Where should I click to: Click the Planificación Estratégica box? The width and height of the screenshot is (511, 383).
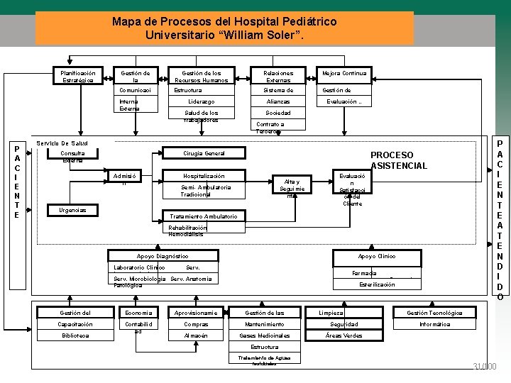(x=77, y=76)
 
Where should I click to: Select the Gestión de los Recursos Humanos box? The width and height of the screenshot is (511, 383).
(x=201, y=76)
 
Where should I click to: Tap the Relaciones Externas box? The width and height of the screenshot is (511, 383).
(x=278, y=76)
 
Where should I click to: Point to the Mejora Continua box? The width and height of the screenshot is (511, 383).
(x=344, y=74)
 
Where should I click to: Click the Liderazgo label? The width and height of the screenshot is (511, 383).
(x=201, y=101)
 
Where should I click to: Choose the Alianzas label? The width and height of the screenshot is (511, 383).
(x=278, y=101)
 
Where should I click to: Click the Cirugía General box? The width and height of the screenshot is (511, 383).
(x=204, y=153)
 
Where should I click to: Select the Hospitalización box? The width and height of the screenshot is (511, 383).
(x=204, y=175)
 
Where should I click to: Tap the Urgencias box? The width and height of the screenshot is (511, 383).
(x=72, y=210)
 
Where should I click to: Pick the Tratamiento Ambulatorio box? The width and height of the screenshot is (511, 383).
(x=204, y=216)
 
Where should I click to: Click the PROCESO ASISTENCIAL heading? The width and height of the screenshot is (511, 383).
(x=399, y=160)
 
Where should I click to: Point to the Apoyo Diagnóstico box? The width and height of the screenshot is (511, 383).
(x=163, y=256)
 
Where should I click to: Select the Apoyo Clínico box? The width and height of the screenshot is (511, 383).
(x=376, y=256)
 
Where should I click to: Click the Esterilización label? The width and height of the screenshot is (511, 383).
(x=377, y=284)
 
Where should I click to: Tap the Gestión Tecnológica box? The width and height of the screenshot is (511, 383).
(x=434, y=313)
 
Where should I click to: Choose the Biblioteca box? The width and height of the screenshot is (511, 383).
(x=75, y=335)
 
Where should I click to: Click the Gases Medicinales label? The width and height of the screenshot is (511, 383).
(x=264, y=335)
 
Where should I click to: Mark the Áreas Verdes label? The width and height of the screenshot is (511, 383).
(x=343, y=335)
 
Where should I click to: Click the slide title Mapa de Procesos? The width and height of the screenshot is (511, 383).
(x=224, y=28)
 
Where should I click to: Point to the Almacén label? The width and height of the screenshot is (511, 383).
(x=196, y=335)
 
